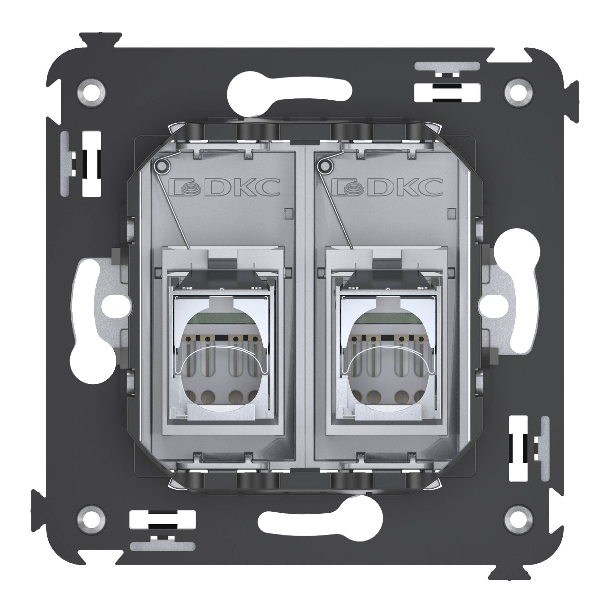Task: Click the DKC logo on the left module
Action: (224, 187)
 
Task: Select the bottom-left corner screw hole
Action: (91, 519)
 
